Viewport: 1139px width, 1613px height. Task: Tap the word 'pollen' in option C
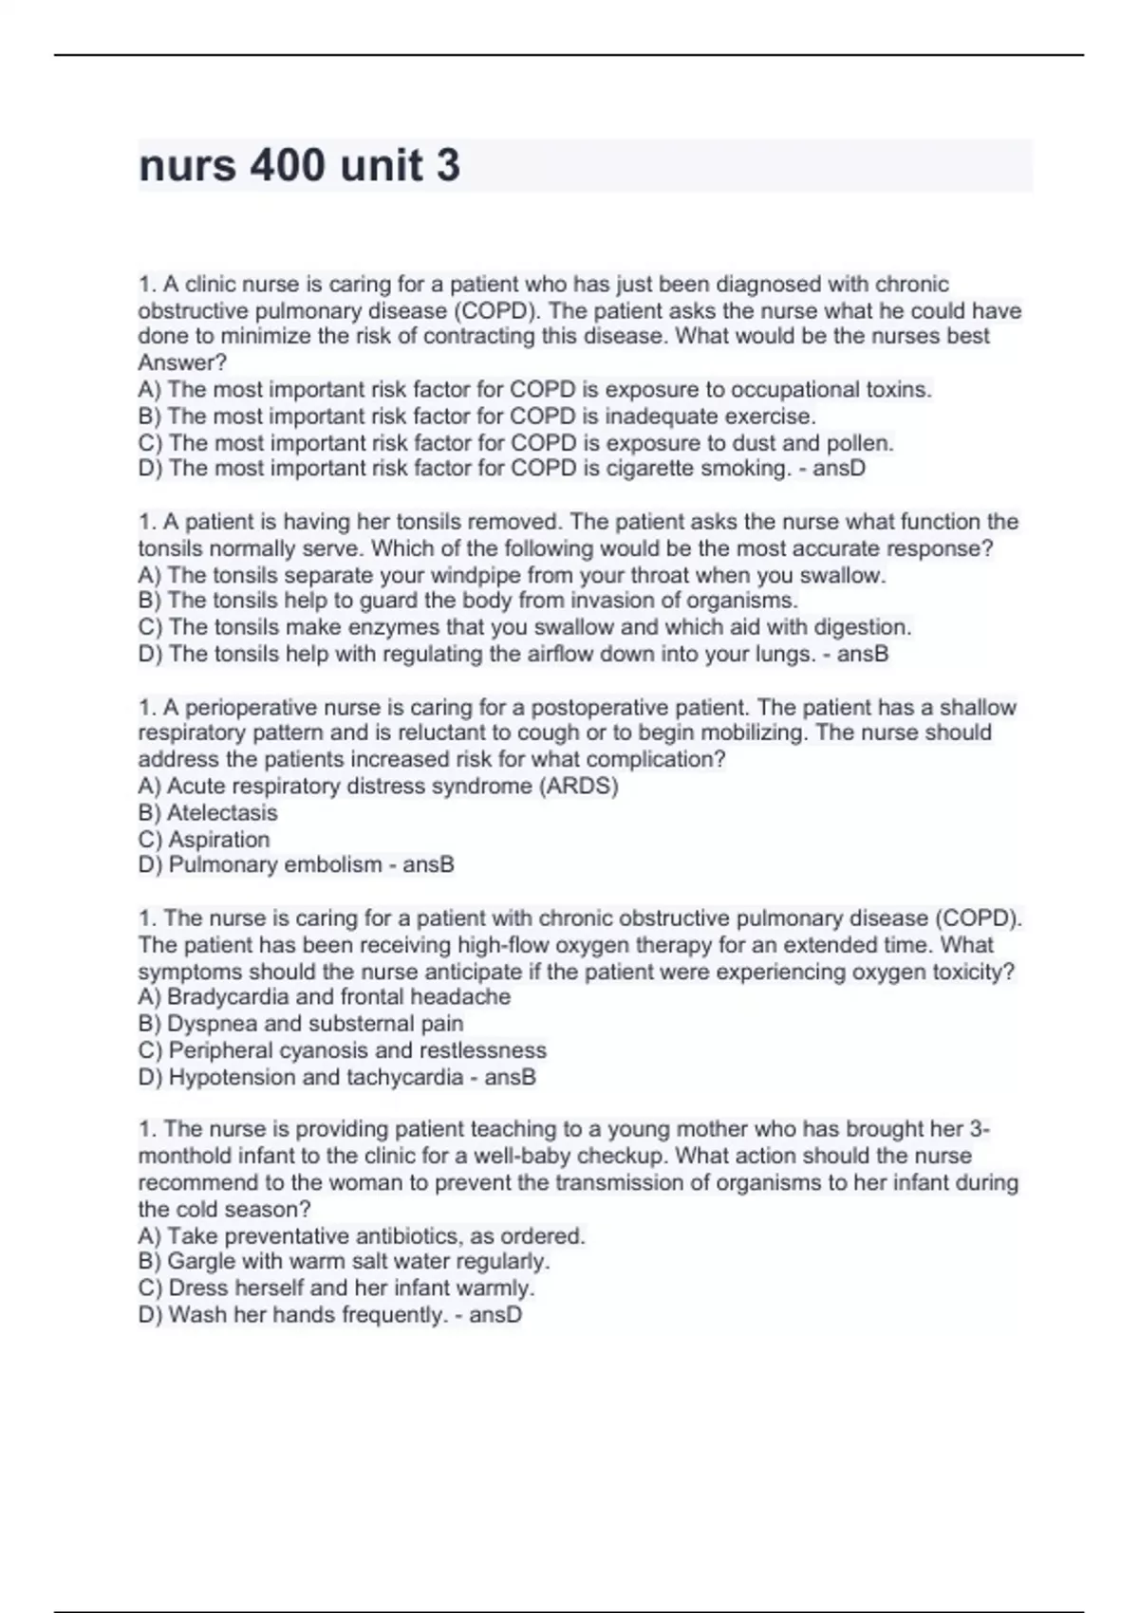point(860,443)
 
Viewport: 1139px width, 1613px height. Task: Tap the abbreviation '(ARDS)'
point(578,787)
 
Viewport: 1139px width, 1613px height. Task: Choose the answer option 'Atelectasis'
point(222,813)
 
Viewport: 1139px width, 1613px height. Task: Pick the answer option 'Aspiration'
point(219,840)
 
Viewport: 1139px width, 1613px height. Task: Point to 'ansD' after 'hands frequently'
point(495,1315)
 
